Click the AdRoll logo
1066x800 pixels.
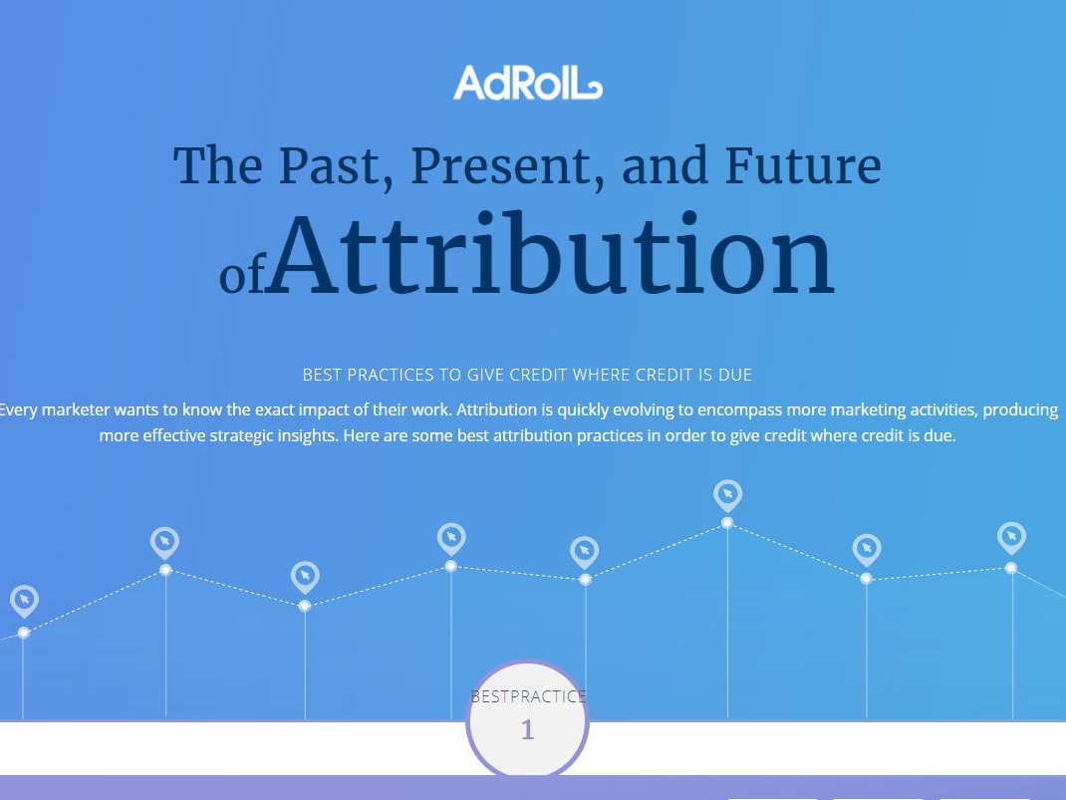click(x=528, y=83)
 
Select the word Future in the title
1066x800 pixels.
click(x=803, y=165)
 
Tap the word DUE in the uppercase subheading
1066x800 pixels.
click(x=735, y=376)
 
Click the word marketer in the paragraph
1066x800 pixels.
click(x=76, y=409)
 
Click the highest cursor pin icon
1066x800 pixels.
click(x=727, y=495)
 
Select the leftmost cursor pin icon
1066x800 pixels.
click(x=25, y=601)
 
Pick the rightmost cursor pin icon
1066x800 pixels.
click(x=1011, y=538)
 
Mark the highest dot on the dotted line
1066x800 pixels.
click(x=727, y=523)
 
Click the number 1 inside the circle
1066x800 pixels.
click(x=528, y=730)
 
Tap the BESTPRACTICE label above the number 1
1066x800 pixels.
click(x=528, y=696)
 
